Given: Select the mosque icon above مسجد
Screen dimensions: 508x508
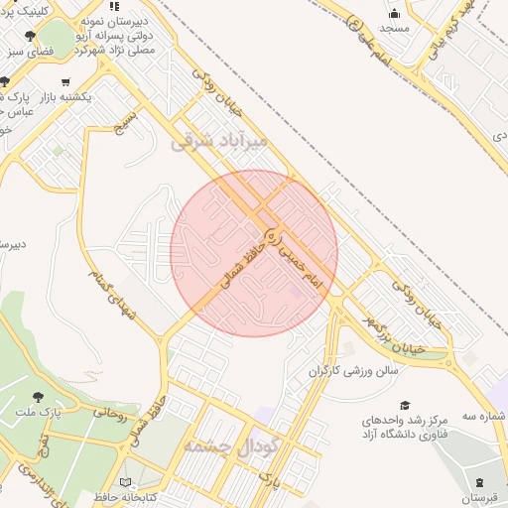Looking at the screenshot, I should coord(396,14).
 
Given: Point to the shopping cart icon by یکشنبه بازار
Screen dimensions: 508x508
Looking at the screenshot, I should coord(65,82).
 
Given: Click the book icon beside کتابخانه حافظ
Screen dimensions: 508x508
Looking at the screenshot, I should coord(125,482).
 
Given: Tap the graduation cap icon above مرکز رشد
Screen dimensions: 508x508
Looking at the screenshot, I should coord(404,405).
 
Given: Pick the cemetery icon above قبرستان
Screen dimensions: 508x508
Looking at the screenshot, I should coord(480,481).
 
